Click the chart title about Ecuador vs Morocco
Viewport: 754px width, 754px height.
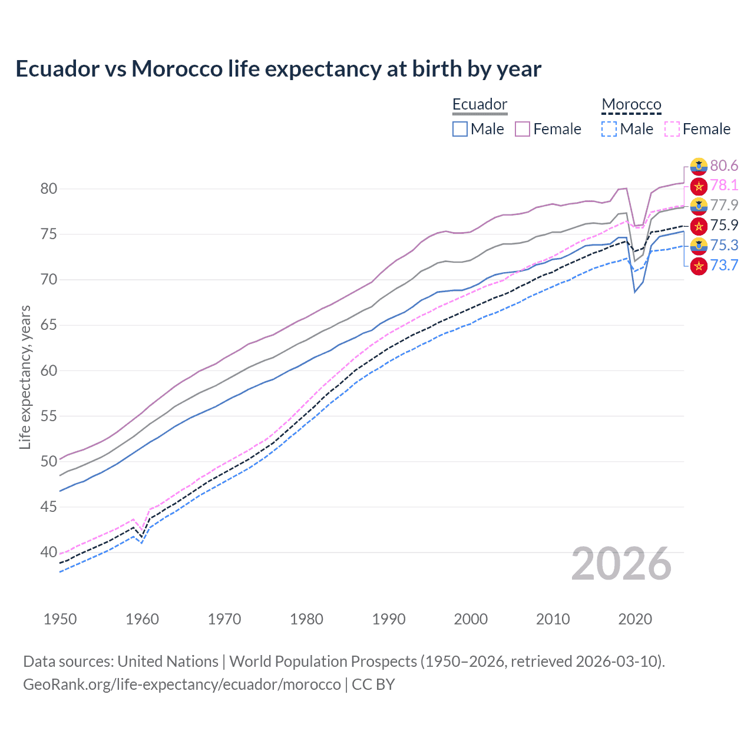(x=278, y=69)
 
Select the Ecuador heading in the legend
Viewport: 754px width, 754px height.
(x=479, y=104)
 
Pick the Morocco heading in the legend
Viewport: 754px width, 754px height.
(x=631, y=104)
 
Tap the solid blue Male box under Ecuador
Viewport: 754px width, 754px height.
(x=460, y=129)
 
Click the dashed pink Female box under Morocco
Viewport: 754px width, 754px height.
(x=672, y=129)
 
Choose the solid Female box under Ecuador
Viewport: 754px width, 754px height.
(x=522, y=129)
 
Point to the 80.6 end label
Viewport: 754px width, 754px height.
(x=724, y=166)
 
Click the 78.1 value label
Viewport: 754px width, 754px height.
(x=724, y=186)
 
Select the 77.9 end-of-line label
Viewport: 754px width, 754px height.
(x=724, y=206)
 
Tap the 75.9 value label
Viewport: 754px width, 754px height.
(x=724, y=226)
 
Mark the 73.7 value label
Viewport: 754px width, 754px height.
(x=724, y=266)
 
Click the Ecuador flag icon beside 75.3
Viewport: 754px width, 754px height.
(x=699, y=246)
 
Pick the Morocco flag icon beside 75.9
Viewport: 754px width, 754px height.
(x=699, y=226)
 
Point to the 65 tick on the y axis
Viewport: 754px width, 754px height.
(x=49, y=325)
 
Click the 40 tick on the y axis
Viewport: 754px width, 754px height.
(x=49, y=553)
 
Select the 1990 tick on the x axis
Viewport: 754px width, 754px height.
(x=389, y=619)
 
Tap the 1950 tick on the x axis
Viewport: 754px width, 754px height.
(x=60, y=619)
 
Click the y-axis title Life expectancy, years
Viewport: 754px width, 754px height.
(x=25, y=377)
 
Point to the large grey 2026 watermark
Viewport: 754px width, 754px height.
(x=621, y=564)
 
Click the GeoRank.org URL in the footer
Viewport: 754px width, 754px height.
(x=182, y=684)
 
